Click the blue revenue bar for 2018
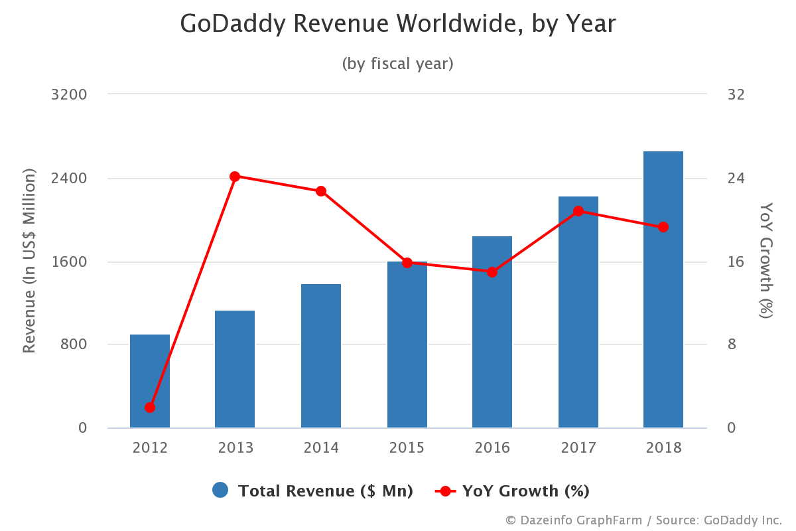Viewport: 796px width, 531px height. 663,292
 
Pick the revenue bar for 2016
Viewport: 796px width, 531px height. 492,332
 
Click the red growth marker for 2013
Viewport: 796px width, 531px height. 235,177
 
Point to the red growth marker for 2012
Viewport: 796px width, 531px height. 150,408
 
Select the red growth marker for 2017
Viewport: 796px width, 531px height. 578,211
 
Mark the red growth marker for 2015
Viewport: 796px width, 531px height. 407,262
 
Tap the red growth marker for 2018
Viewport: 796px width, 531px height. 663,227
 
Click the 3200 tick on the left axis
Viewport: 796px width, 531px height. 69,94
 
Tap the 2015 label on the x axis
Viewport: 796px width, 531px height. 407,448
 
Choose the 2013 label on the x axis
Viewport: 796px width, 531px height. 235,448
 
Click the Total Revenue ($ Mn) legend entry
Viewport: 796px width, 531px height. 313,491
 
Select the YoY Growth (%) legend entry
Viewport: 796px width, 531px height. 512,491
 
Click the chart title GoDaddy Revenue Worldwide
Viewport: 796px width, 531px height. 398,24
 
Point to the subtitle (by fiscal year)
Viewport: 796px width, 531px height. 398,64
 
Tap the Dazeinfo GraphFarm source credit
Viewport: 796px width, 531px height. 643,520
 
